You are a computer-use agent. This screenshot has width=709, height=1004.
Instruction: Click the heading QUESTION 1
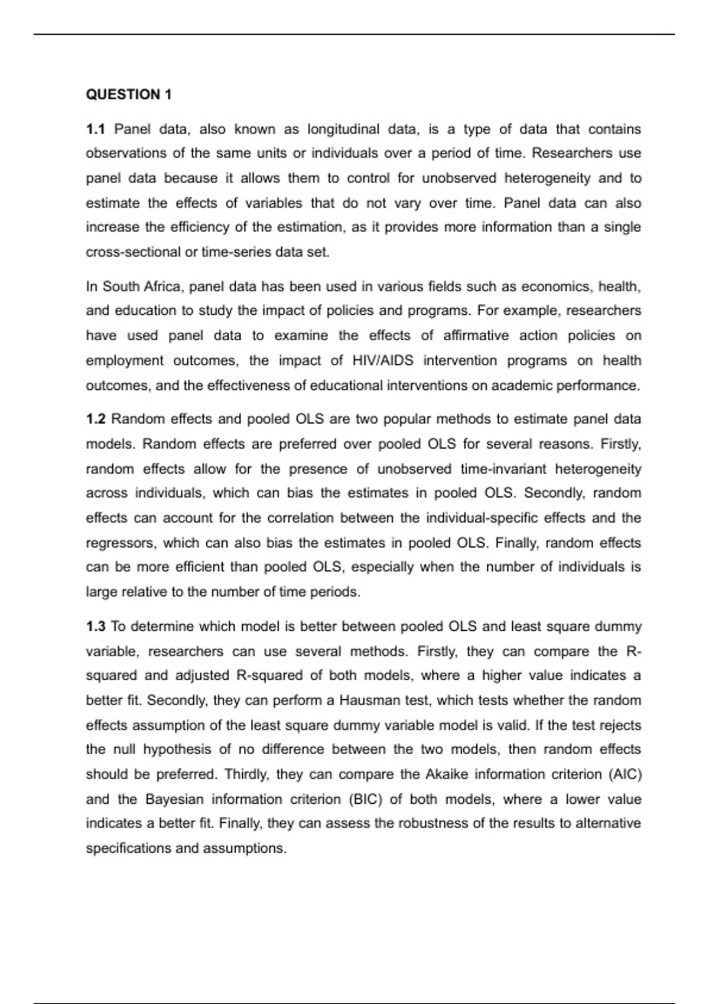click(129, 94)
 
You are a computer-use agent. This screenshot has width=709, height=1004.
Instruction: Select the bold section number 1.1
click(95, 129)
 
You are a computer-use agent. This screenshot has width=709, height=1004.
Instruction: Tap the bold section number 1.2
click(96, 419)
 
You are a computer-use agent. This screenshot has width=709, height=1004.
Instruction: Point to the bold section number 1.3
click(96, 626)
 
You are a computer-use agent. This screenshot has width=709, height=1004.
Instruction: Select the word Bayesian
click(174, 799)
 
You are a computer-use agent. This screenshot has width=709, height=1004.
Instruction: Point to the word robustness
click(433, 823)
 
